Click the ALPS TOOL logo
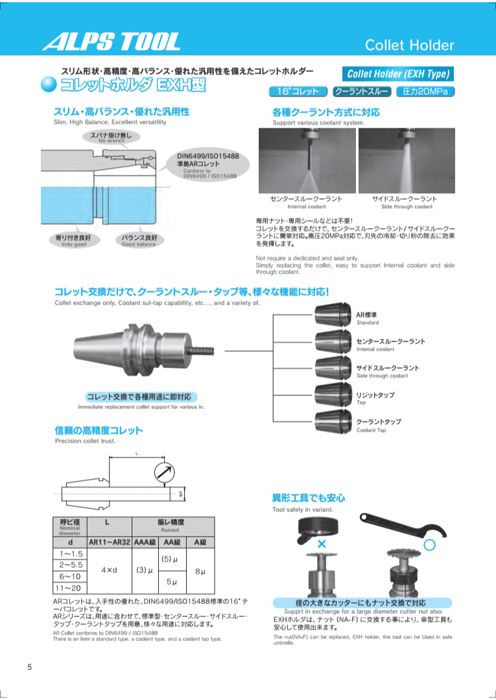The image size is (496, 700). pos(111,42)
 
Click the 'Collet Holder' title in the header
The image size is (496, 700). pos(409,45)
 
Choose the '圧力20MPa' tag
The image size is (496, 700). pos(425,91)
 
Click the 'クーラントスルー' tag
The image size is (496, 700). pos(360,91)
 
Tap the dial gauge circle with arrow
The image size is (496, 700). pos(165,471)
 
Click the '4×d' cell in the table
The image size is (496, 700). pos(110,571)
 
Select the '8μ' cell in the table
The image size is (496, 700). pos(200,571)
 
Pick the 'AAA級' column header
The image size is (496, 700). pos(146,542)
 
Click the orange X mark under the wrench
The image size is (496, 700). pos(322,543)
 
